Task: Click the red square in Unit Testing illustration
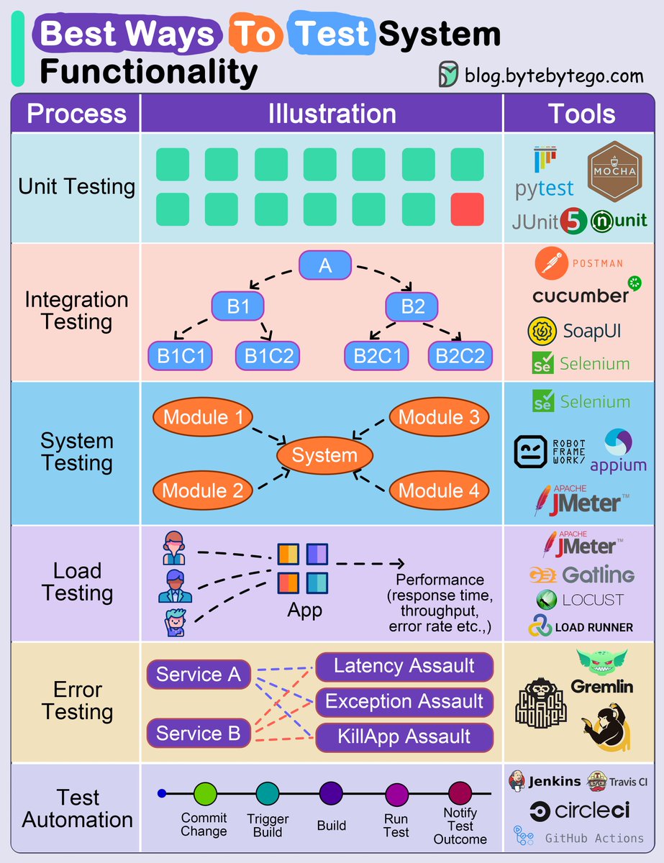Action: pyautogui.click(x=468, y=209)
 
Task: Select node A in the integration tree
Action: pyautogui.click(x=325, y=265)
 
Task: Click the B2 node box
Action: pyautogui.click(x=413, y=307)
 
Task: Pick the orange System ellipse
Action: pyautogui.click(x=324, y=455)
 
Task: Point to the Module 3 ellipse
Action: pyautogui.click(x=439, y=417)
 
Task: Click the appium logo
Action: pyautogui.click(x=618, y=451)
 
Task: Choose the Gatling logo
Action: pyautogui.click(x=581, y=575)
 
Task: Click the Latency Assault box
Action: pyautogui.click(x=404, y=667)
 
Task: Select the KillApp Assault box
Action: pyautogui.click(x=404, y=736)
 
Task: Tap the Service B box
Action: pyautogui.click(x=199, y=734)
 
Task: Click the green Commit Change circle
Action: pyautogui.click(x=205, y=794)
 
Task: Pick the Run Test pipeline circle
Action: pyautogui.click(x=396, y=794)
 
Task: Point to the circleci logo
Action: pyautogui.click(x=580, y=811)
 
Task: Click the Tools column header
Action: pyautogui.click(x=581, y=114)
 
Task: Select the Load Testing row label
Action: pyautogui.click(x=77, y=582)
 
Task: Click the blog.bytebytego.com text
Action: pyautogui.click(x=553, y=74)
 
